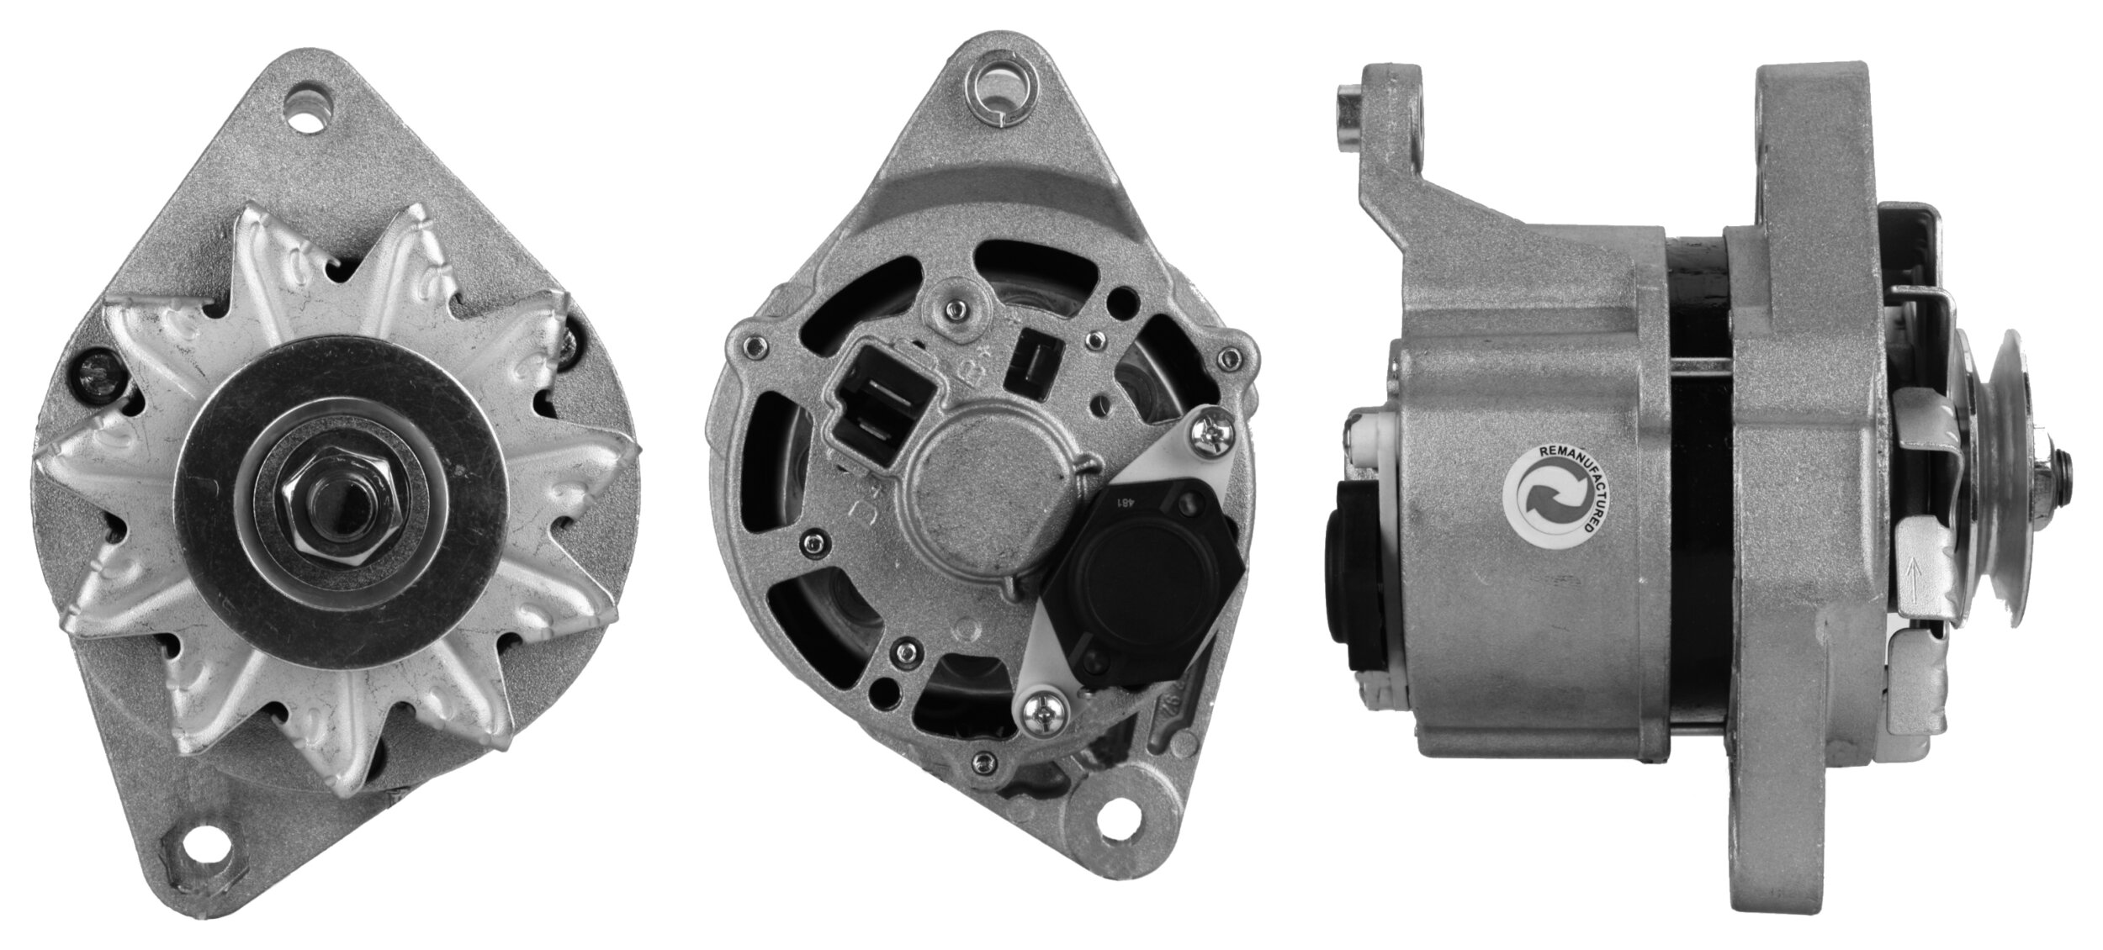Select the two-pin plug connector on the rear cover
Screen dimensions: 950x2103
(877, 403)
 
